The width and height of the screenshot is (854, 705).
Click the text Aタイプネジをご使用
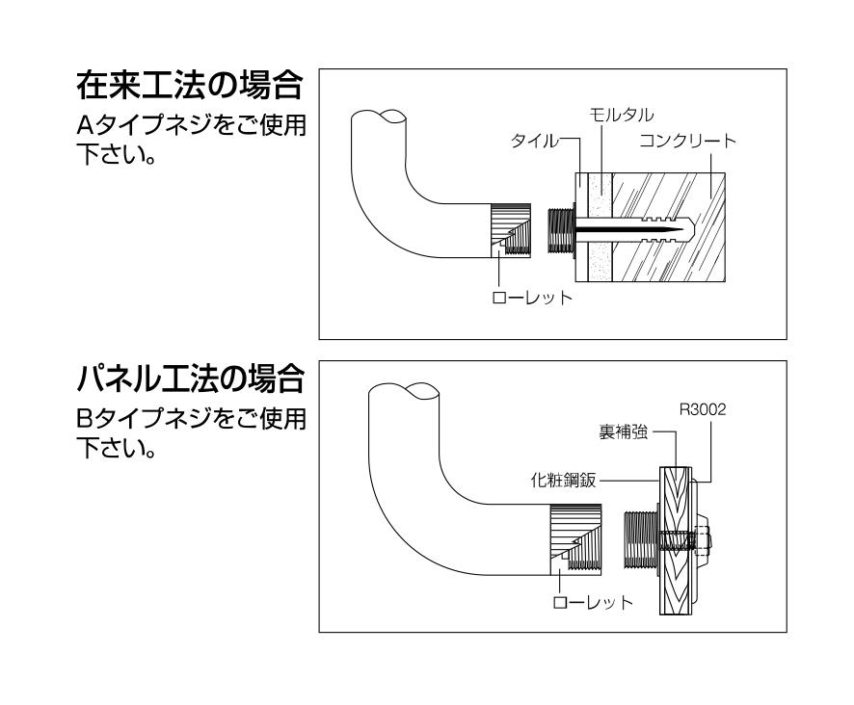[189, 128]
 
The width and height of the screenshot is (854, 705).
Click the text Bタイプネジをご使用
[189, 422]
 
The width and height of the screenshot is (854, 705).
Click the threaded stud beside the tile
[558, 229]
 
